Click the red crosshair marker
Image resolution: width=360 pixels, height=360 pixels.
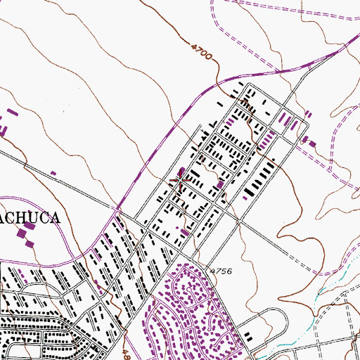(x=181, y=181)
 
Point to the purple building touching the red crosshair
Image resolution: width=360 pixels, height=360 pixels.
(x=184, y=172)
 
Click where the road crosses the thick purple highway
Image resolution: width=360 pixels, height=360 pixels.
(x=118, y=209)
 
